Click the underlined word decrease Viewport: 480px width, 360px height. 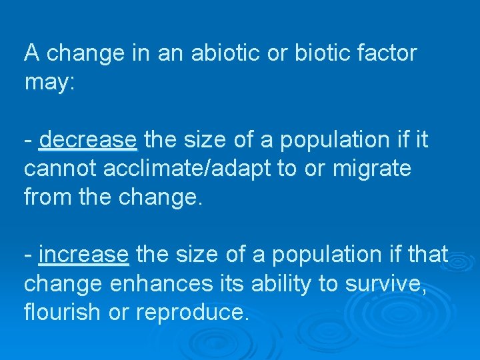point(88,140)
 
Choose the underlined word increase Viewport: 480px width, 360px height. point(84,254)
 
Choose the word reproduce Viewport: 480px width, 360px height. point(194,312)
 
